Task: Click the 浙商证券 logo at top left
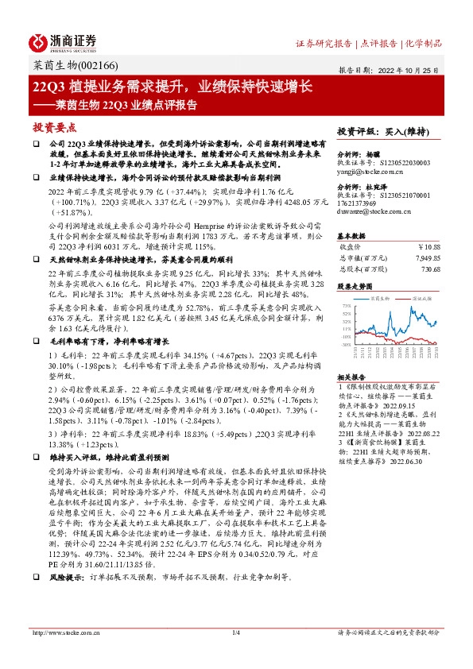(x=64, y=41)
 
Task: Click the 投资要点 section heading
(x=55, y=126)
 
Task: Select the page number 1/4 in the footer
(x=236, y=632)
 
